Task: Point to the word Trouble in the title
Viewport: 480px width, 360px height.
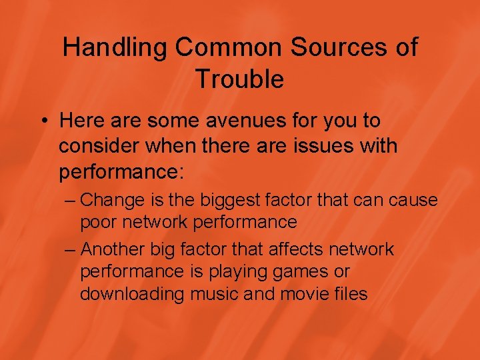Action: pos(239,79)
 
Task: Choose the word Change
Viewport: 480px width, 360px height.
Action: pos(111,199)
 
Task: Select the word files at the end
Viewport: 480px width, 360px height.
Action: pos(351,294)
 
